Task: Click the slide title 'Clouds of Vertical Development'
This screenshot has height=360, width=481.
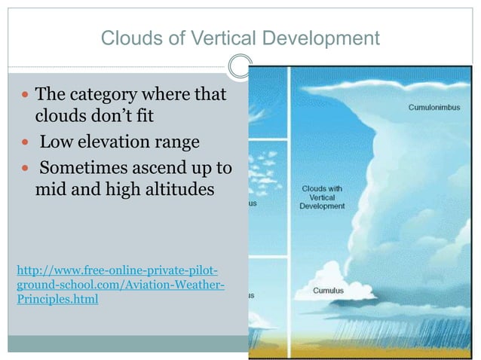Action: tap(240, 38)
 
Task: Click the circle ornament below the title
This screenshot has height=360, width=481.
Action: tap(240, 66)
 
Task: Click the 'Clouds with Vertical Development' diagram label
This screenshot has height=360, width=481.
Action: tap(322, 197)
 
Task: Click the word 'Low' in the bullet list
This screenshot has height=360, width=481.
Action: tap(56, 142)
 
